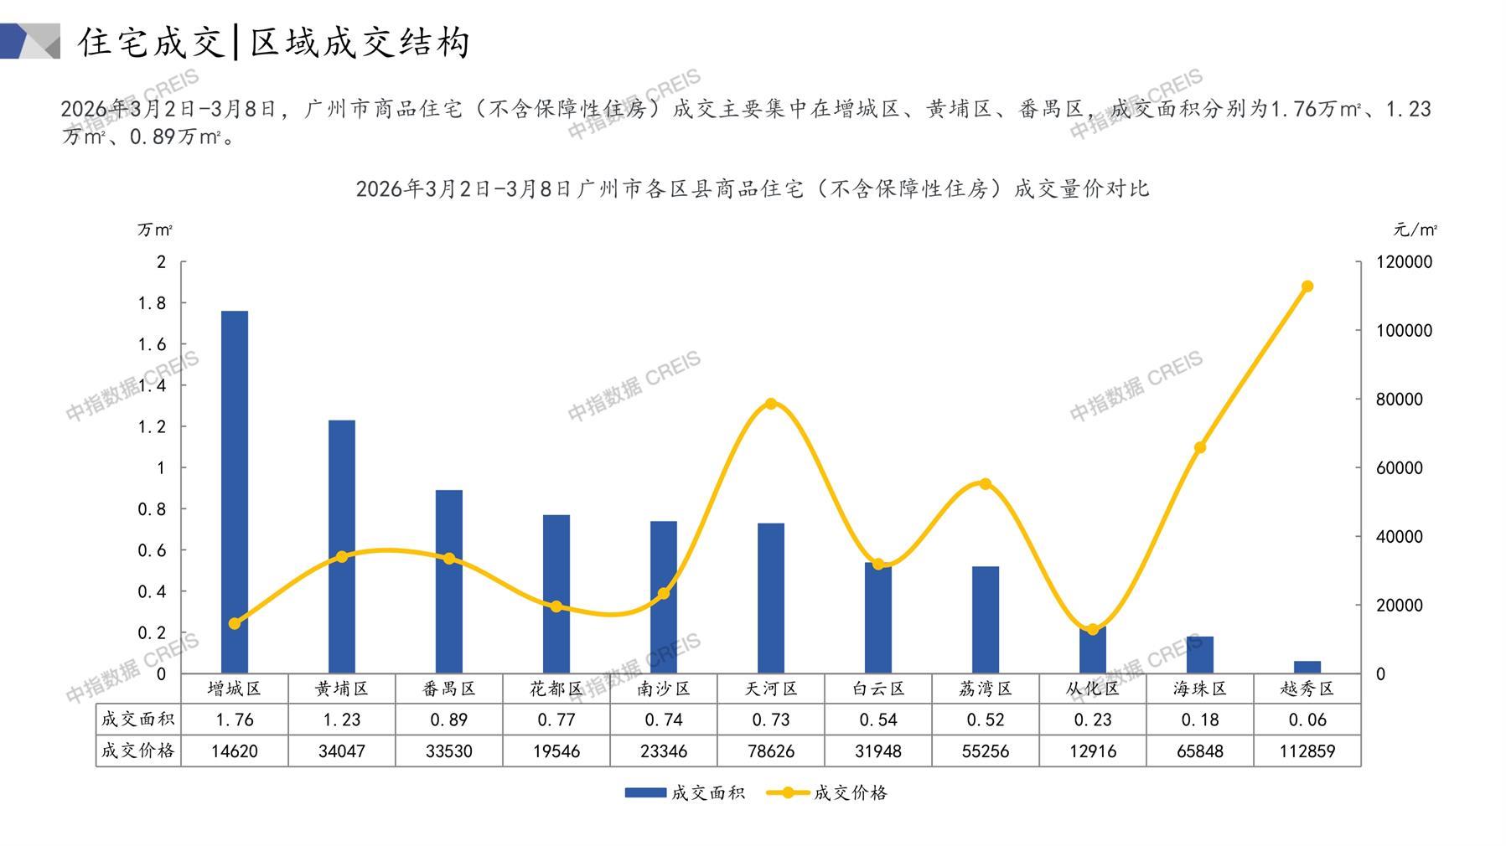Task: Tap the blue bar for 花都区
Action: pos(556,594)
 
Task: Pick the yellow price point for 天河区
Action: pos(771,404)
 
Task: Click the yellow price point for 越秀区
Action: pos(1307,286)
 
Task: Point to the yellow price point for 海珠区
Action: pos(1200,447)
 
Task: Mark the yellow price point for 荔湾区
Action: pos(986,483)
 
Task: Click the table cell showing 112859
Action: pos(1307,751)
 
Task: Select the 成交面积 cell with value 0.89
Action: pos(449,720)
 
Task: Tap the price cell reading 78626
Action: pos(771,751)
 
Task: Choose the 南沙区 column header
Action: pos(664,689)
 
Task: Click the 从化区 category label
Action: pos(1093,689)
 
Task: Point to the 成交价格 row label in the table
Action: pos(138,751)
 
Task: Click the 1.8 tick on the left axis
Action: pos(152,303)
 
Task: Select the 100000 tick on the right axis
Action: pos(1405,331)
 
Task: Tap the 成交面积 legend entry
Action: pos(686,792)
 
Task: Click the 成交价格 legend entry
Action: pos(828,792)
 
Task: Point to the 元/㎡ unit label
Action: pos(1415,230)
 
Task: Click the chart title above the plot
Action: pos(752,188)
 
